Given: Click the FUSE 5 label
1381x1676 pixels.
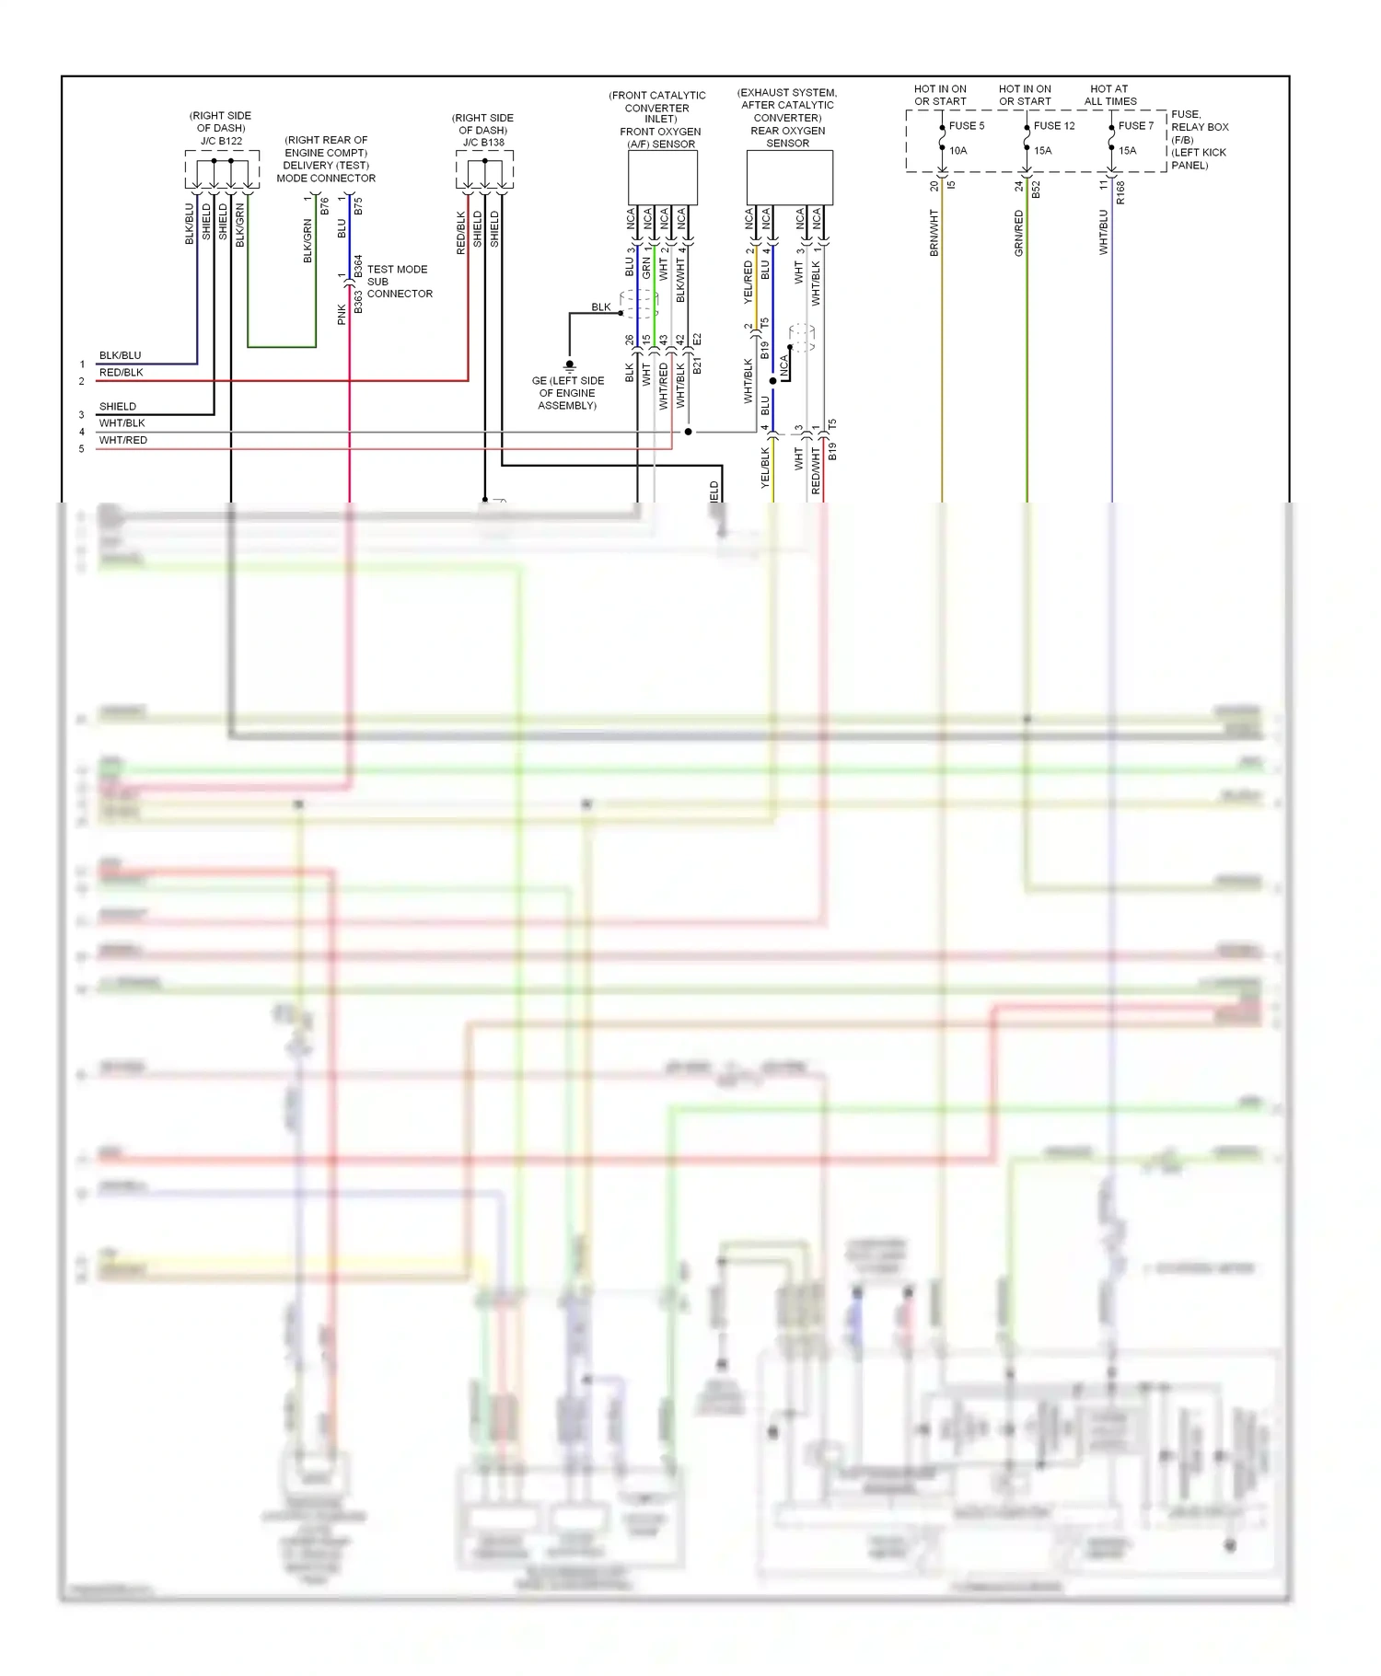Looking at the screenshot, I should tap(966, 126).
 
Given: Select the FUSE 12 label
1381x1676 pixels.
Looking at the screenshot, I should tap(1053, 126).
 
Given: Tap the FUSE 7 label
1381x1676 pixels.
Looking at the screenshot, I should tap(1135, 126).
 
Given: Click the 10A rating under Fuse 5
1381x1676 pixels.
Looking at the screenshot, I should tap(957, 151).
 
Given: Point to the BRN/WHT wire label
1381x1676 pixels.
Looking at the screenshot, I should tap(934, 233).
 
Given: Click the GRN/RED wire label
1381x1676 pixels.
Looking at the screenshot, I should tap(1018, 233).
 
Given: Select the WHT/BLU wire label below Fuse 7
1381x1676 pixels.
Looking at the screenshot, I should tap(1103, 232).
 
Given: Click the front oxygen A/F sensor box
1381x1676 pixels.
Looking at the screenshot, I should tap(662, 178).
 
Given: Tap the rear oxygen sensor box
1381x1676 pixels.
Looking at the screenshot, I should tap(789, 178).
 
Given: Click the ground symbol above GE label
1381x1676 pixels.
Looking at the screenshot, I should tap(569, 366).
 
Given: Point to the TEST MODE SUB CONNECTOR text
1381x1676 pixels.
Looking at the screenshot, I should tap(399, 282).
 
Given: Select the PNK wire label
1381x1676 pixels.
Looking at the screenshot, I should tap(342, 315).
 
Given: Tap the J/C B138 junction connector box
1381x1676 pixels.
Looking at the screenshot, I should tap(484, 169).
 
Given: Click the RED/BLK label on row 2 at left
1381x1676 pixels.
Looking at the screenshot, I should tap(122, 373).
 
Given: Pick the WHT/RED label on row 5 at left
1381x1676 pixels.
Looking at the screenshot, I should tap(123, 440).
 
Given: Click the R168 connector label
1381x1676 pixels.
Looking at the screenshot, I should tap(1120, 191).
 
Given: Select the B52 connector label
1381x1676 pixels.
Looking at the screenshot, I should tap(1036, 190).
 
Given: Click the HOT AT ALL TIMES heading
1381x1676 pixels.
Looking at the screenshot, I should tap(1109, 95).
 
